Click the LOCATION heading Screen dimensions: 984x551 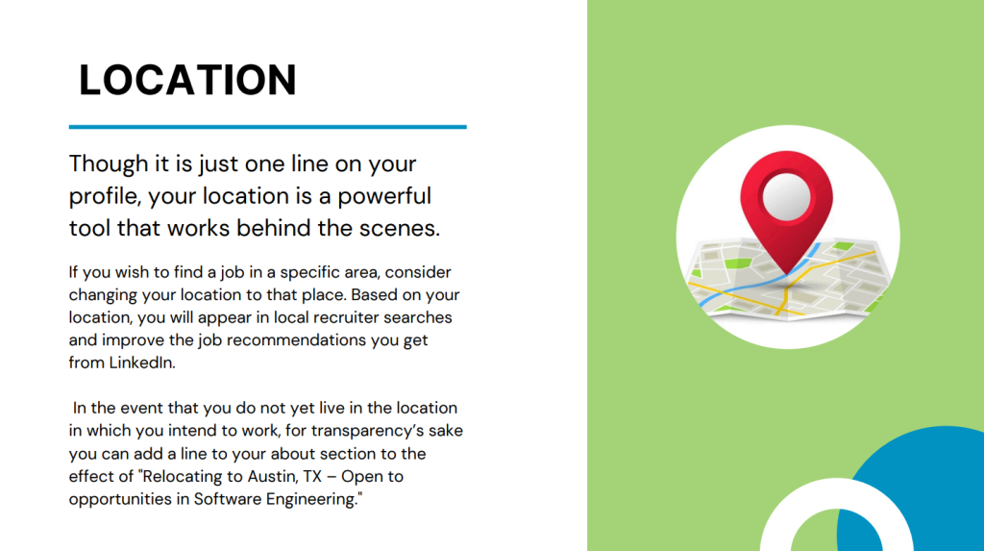pyautogui.click(x=187, y=80)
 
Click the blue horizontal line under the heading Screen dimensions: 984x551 pyautogui.click(x=267, y=127)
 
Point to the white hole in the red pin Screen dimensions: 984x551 pyautogui.click(x=786, y=196)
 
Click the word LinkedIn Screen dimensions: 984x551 pyautogui.click(x=142, y=363)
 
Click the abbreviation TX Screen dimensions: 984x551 pyautogui.click(x=312, y=476)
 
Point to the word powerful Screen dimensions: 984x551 pyautogui.click(x=384, y=196)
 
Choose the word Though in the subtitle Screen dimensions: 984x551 pyautogui.click(x=109, y=164)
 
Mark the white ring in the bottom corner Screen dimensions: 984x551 pyautogui.click(x=837, y=494)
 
